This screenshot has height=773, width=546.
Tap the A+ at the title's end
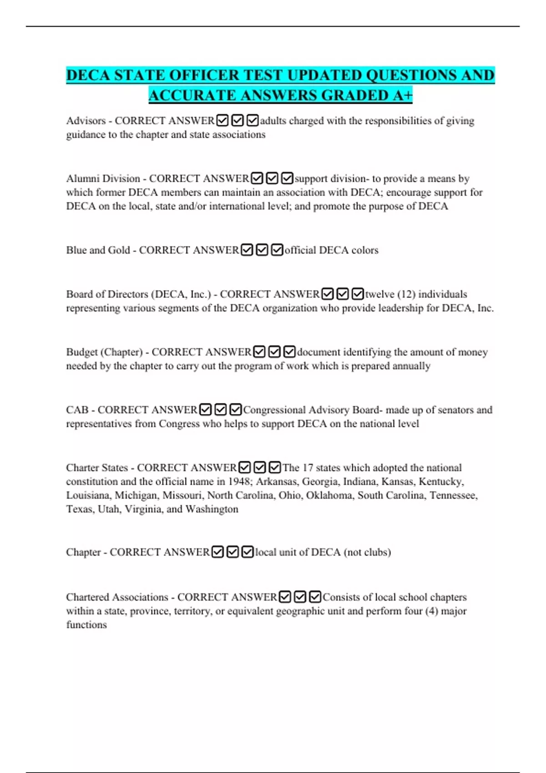click(402, 95)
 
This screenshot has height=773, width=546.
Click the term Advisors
click(86, 121)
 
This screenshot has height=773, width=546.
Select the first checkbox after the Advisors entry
click(222, 120)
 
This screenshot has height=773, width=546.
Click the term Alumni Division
click(103, 179)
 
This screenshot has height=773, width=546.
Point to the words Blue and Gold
click(98, 250)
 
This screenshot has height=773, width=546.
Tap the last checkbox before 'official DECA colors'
click(277, 250)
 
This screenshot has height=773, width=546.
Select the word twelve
click(380, 294)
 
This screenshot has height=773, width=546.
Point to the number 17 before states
click(308, 467)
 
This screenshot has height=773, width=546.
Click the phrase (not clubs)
click(367, 552)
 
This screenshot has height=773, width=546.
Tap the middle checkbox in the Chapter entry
click(233, 552)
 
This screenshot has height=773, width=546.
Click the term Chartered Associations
click(117, 597)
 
